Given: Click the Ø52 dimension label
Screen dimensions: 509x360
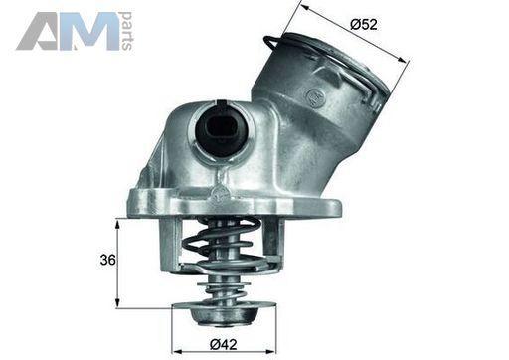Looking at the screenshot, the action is pos(363,24).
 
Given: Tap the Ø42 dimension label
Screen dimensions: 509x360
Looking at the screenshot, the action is pos(224,344).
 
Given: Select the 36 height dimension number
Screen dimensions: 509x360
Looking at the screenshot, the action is pos(108,260).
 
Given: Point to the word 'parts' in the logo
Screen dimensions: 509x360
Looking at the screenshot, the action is pos(126,31).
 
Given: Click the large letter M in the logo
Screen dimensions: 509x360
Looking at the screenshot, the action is pos(89,32).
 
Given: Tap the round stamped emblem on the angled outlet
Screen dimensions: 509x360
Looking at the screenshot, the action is pos(314,97).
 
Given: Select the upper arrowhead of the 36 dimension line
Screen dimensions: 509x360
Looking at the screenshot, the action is pos(117,224).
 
